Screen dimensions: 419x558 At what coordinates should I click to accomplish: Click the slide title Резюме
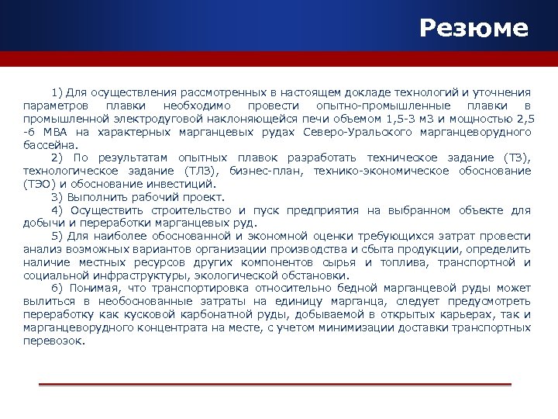click(474, 29)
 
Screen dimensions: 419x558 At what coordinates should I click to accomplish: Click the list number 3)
click(58, 197)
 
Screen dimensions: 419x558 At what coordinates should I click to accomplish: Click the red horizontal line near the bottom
click(275, 385)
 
